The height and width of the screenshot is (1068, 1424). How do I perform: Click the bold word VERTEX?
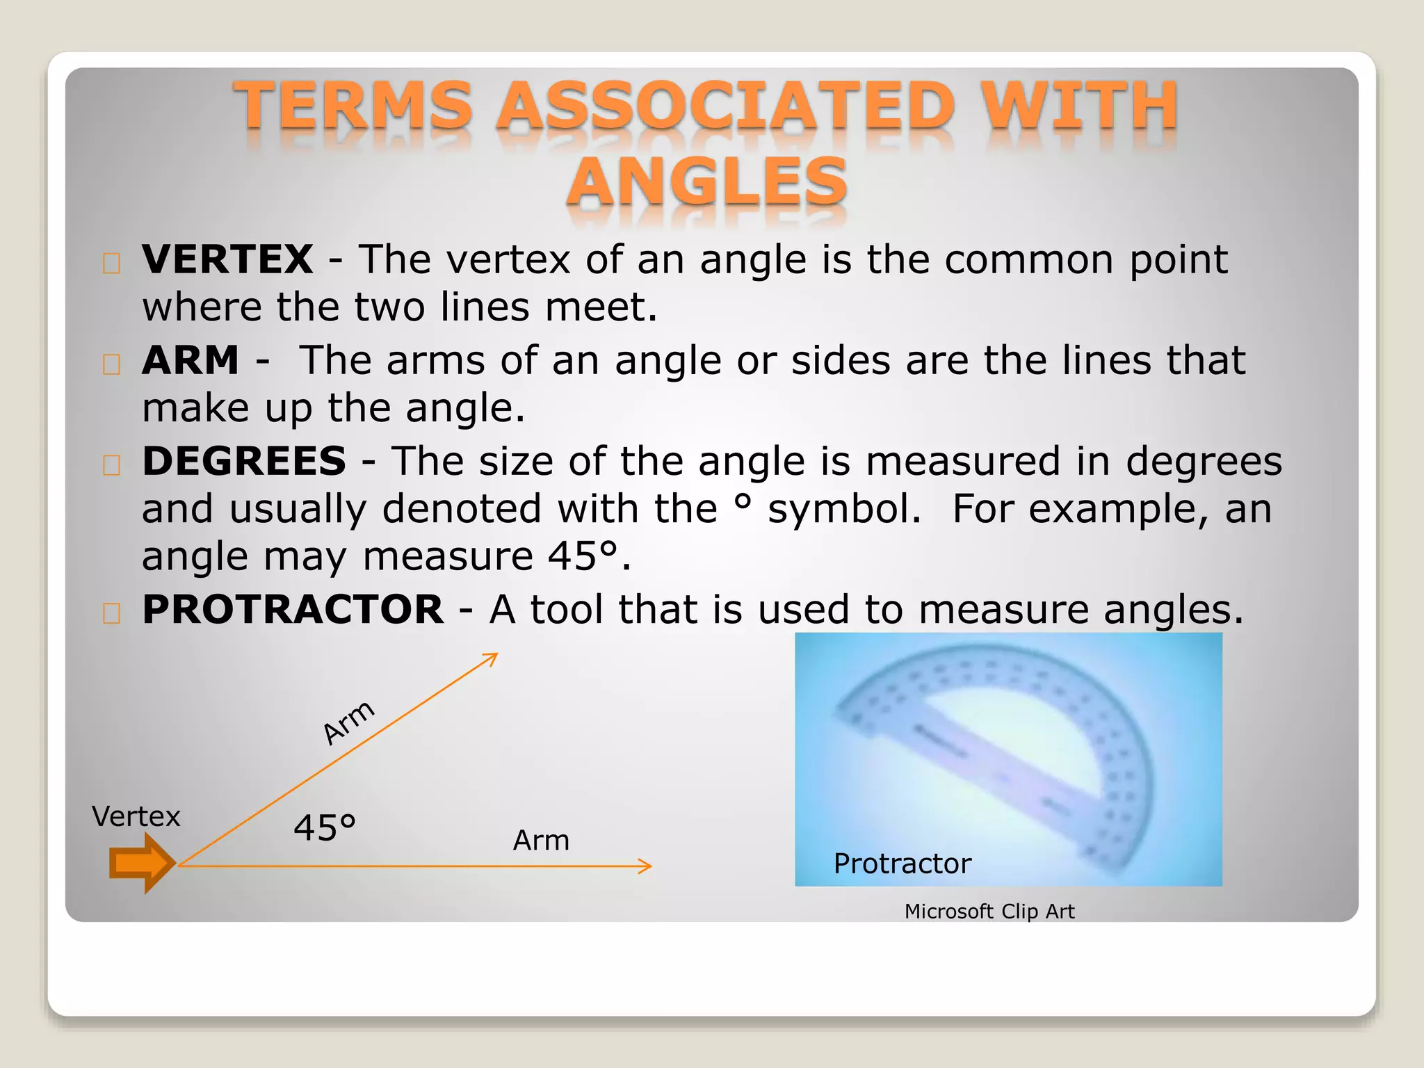click(227, 260)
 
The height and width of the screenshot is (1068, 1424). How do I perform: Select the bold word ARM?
click(191, 361)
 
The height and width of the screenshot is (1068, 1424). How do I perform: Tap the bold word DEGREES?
click(244, 462)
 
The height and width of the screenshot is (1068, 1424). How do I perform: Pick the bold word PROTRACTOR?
click(293, 610)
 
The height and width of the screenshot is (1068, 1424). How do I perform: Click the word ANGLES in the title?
click(707, 182)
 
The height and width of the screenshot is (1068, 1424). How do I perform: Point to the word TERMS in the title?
click(354, 106)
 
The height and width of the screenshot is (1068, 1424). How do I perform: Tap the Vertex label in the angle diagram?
click(136, 816)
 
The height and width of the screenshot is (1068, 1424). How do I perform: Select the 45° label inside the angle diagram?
click(324, 828)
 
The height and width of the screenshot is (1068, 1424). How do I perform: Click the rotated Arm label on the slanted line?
click(349, 722)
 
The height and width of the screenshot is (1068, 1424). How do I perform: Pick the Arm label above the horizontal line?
click(541, 841)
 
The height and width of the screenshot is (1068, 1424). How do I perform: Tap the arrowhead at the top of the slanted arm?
click(491, 658)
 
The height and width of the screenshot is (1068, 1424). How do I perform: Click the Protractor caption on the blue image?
click(902, 864)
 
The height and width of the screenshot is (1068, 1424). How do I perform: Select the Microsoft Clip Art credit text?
click(989, 912)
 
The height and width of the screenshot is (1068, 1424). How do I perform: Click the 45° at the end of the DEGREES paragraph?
click(583, 557)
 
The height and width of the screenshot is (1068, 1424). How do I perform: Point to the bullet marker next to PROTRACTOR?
click(112, 613)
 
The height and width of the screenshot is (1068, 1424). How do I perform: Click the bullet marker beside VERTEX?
click(112, 264)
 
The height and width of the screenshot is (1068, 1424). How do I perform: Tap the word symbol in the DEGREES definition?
click(844, 510)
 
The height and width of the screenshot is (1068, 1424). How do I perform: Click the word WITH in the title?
click(1080, 106)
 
